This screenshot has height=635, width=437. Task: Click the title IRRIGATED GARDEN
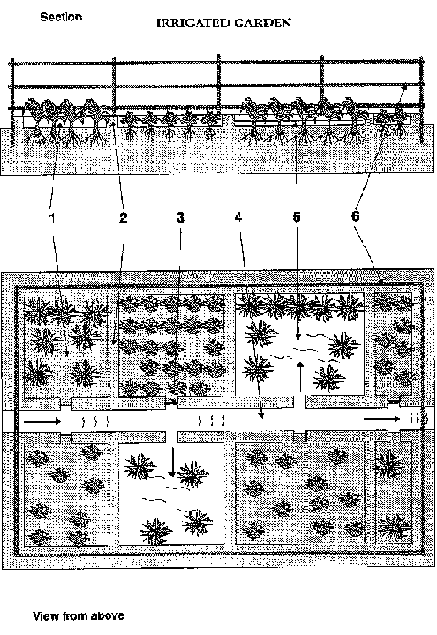point(223,23)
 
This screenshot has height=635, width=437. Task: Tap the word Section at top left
point(61,17)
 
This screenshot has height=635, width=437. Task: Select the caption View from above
point(78,616)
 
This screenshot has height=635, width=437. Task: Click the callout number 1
point(52,218)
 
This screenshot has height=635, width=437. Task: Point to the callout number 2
point(123,218)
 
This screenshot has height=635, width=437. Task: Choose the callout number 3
point(181,218)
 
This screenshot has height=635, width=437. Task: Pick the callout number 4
point(239,218)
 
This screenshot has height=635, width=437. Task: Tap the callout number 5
point(296,217)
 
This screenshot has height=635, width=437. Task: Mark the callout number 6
point(355,216)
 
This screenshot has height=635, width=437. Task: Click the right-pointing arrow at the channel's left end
point(42,422)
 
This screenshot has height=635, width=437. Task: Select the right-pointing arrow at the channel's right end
point(381,419)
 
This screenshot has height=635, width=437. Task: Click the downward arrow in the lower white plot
point(172,462)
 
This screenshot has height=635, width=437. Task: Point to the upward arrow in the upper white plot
point(300,377)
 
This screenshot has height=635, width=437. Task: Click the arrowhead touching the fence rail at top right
point(404,87)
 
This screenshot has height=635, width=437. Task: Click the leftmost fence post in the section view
point(12,101)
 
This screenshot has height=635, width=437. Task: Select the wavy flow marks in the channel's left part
point(95,422)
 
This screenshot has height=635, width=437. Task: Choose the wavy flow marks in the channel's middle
point(211,421)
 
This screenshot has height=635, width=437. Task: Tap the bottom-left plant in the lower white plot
point(155,530)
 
